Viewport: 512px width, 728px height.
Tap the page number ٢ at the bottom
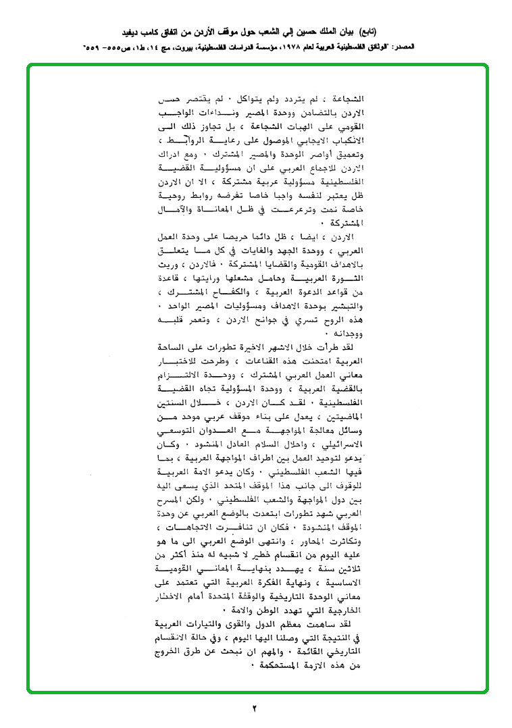pos(255,708)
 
